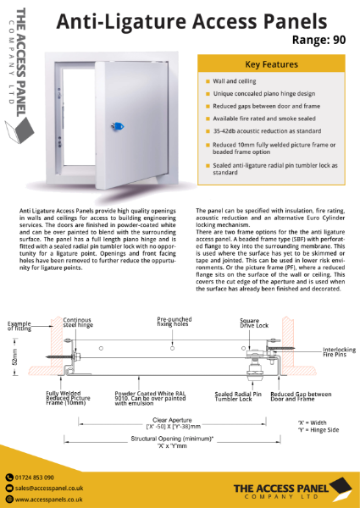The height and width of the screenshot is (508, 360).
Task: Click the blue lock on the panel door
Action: click(x=114, y=125)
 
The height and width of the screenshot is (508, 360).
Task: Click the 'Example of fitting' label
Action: click(x=23, y=328)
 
